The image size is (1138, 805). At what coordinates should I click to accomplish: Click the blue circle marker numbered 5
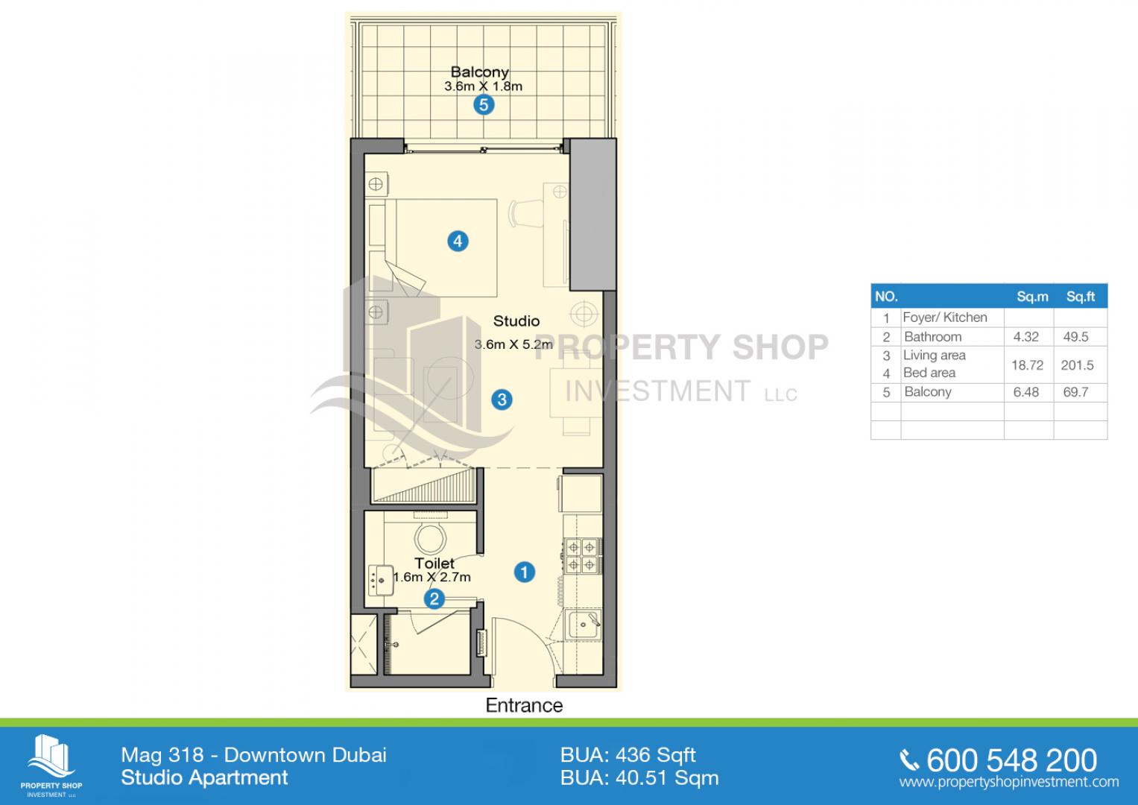[x=484, y=105]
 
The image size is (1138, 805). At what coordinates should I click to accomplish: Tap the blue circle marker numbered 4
[x=458, y=241]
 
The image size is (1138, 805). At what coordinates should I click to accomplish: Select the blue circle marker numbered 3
[x=502, y=400]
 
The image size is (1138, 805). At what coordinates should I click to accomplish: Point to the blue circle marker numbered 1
[x=525, y=572]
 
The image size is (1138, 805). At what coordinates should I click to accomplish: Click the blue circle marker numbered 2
[x=434, y=599]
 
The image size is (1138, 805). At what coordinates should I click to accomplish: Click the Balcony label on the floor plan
[x=480, y=72]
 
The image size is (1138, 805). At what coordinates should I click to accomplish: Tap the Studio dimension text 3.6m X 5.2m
[x=513, y=344]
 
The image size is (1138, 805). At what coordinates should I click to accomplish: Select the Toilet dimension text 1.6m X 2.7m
[x=432, y=578]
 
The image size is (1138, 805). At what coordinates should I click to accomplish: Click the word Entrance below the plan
[x=524, y=705]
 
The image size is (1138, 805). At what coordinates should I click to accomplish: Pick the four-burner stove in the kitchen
[x=582, y=555]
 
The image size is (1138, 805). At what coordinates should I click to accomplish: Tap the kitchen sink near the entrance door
[x=584, y=625]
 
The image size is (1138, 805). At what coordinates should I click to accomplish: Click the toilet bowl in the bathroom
[x=430, y=536]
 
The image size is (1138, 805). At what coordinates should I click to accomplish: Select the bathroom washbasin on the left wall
[x=381, y=581]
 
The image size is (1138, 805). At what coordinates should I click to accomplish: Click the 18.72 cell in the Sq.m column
[x=1027, y=365]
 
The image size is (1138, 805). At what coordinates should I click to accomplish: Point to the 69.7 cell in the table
[x=1075, y=392]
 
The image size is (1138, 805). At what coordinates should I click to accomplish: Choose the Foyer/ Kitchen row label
[x=945, y=318]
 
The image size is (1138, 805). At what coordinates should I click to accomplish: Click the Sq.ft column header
[x=1081, y=297]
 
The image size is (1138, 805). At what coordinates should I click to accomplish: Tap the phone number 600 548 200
[x=1011, y=760]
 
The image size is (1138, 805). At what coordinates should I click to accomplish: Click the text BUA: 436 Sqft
[x=628, y=756]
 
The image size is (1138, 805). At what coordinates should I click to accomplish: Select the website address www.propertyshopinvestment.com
[x=1009, y=782]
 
